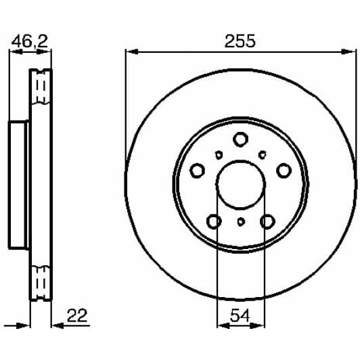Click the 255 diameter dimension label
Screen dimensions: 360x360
coord(240,41)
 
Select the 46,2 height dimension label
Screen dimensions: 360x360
coord(30,41)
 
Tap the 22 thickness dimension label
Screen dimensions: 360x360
coord(77,316)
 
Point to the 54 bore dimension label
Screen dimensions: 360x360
coord(240,316)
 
